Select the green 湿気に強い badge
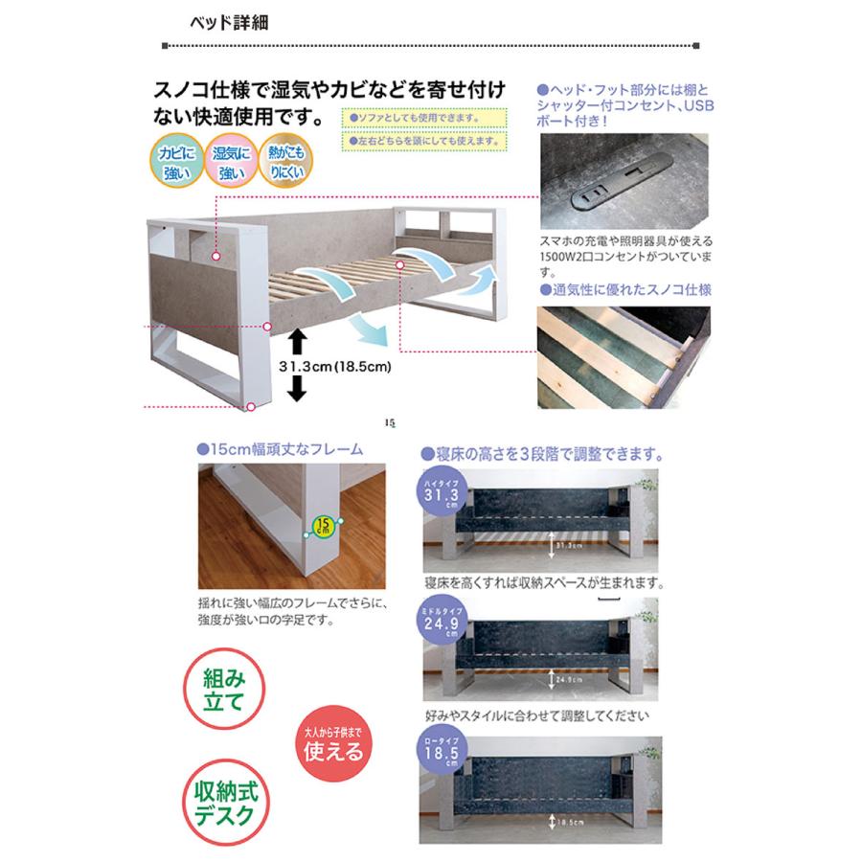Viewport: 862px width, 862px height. click(x=232, y=163)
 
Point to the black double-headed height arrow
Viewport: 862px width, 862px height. click(x=296, y=365)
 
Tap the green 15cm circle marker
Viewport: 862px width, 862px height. click(x=327, y=525)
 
